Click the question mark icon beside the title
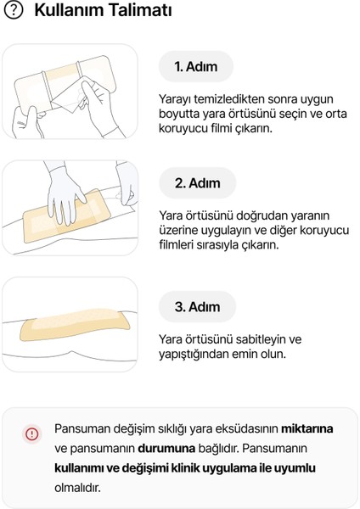click(14, 14)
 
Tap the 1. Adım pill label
click(197, 66)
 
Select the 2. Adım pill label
click(197, 183)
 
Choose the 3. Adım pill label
click(197, 306)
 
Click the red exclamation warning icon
click(31, 433)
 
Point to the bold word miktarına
click(307, 429)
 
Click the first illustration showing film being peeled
click(70, 92)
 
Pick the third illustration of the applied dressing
click(70, 327)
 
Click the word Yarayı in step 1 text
click(177, 98)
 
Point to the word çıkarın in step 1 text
click(278, 131)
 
